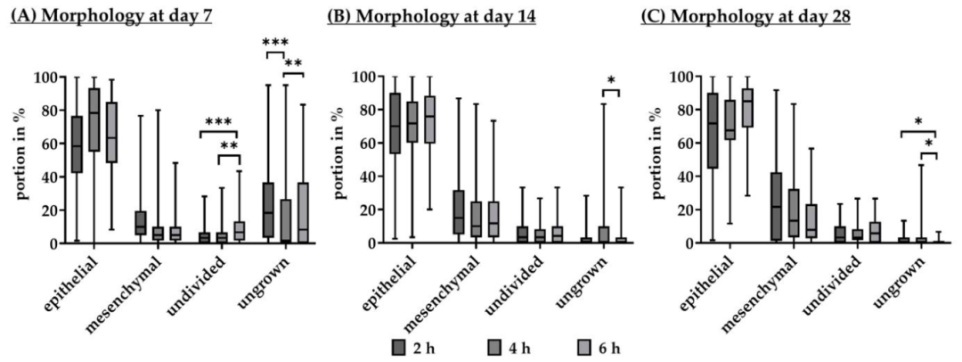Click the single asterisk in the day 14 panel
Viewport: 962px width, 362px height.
[x=610, y=81]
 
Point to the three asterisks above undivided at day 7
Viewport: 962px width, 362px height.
[x=218, y=122]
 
